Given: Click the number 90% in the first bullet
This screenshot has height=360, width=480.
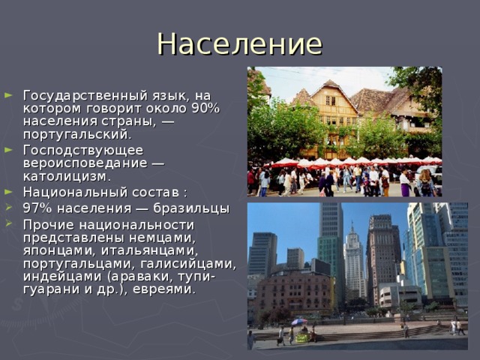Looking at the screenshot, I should point(205,109).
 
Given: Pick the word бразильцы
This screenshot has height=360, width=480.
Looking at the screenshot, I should point(193,208).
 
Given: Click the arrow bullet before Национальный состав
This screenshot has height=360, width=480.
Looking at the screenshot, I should point(8,192).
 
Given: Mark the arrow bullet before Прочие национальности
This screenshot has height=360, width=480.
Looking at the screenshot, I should point(8,224).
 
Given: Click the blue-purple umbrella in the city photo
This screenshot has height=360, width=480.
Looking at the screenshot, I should point(298,322).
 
